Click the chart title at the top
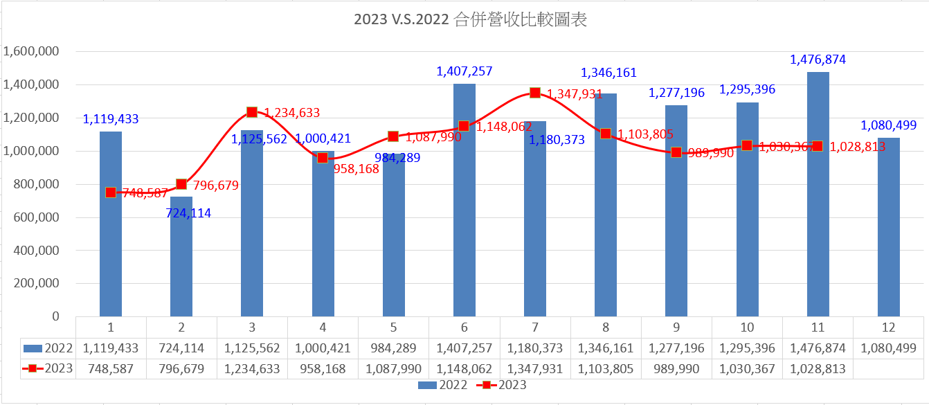[x=470, y=20]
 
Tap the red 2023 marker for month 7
[x=535, y=93]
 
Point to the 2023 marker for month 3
[x=252, y=111]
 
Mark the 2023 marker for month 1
[x=111, y=192]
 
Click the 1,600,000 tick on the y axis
[x=32, y=52]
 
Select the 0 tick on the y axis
[x=55, y=316]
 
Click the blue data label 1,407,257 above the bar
[x=464, y=71]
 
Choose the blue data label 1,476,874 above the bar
[x=818, y=60]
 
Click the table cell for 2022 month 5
[x=393, y=348]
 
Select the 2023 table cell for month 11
[x=818, y=369]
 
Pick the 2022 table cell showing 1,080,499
[x=889, y=348]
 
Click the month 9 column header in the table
[x=676, y=327]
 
